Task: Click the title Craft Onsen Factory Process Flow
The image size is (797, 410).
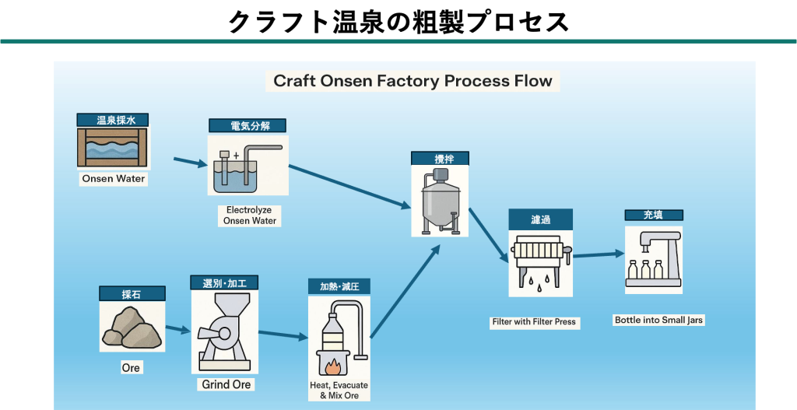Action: tap(413, 81)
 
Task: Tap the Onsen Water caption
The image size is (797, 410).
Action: tap(114, 178)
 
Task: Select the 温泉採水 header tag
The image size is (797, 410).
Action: tap(113, 121)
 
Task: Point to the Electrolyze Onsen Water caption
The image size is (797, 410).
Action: tap(248, 216)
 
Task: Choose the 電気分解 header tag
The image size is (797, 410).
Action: tap(247, 125)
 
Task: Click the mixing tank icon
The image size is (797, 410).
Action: tap(440, 201)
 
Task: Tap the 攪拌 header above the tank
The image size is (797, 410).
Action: tap(440, 159)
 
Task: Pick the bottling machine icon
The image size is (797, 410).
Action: tap(653, 259)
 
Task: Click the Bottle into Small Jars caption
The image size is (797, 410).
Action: tap(658, 320)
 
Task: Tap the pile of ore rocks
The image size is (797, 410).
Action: tap(132, 327)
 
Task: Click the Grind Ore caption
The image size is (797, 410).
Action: tap(226, 384)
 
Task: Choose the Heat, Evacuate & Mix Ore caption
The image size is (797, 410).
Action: tap(339, 391)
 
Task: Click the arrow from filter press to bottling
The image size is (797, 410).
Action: tap(599, 254)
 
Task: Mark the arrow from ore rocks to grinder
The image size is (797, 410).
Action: tap(177, 329)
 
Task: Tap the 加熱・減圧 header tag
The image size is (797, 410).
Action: tap(339, 286)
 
